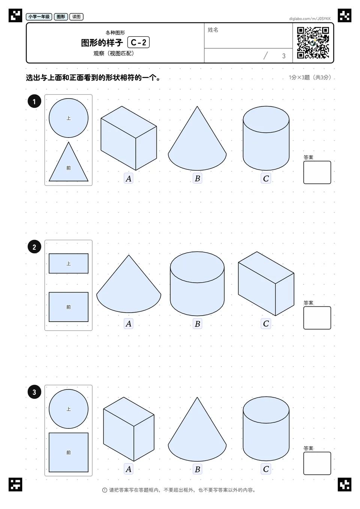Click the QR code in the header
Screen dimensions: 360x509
(313, 43)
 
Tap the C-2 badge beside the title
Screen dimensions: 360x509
(138, 42)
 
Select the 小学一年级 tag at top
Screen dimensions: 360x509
(39, 16)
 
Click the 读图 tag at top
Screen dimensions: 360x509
(76, 16)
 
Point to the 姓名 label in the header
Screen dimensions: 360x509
(213, 30)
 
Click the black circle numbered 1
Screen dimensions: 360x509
(34, 101)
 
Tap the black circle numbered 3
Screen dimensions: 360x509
(34, 392)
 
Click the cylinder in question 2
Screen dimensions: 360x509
(197, 284)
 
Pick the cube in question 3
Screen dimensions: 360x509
(129, 429)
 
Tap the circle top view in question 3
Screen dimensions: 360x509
(68, 409)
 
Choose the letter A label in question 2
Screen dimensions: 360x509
(129, 323)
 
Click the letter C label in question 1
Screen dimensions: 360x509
(266, 178)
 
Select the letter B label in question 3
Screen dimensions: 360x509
(197, 469)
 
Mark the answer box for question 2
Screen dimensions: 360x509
(317, 318)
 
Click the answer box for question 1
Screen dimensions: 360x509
(317, 172)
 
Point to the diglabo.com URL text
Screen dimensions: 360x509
(310, 19)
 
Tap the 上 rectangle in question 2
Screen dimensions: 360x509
(68, 263)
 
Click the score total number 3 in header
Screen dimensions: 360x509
(283, 56)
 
